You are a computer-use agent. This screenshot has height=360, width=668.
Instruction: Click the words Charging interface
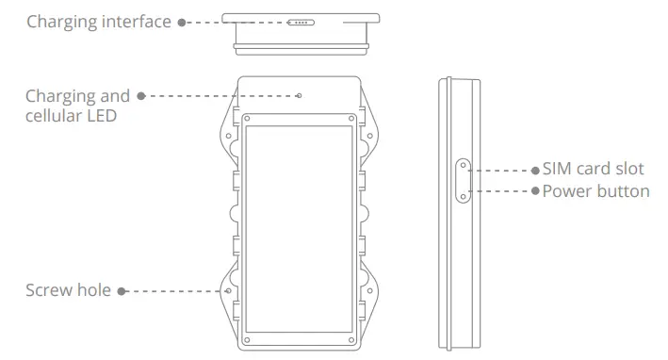[x=99, y=21]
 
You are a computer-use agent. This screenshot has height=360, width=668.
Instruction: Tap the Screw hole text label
[x=68, y=290]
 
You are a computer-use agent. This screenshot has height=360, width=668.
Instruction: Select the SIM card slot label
[x=594, y=170]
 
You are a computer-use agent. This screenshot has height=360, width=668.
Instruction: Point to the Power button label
[x=595, y=191]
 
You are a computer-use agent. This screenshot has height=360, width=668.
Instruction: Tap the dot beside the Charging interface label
[x=182, y=21]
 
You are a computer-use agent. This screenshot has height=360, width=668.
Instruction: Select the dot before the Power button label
[x=536, y=191]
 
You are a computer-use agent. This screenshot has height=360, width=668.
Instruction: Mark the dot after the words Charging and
[x=140, y=96]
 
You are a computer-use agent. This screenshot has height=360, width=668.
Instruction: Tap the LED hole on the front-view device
[x=299, y=96]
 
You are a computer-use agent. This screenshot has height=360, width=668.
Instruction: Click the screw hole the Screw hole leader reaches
[x=229, y=291]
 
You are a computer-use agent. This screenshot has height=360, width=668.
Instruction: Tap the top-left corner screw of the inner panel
[x=248, y=120]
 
